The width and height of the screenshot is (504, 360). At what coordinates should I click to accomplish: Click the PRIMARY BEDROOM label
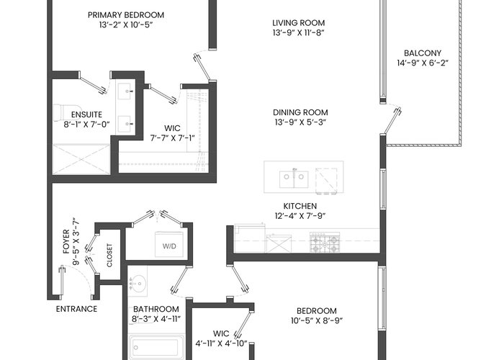126,15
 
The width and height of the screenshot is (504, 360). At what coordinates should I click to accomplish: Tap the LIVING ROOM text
299,23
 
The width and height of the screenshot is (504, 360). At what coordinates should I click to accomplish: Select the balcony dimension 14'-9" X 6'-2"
423,63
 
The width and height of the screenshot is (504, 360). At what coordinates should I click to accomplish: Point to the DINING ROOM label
300,112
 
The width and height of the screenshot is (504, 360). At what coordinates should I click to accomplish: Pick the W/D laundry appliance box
169,244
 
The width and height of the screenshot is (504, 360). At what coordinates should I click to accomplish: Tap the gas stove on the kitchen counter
325,243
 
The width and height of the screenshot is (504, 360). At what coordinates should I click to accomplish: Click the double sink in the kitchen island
294,179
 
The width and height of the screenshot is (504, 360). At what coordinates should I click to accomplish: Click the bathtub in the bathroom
157,348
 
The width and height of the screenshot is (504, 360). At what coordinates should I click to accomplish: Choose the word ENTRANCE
76,309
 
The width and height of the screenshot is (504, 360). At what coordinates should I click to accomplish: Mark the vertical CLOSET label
109,255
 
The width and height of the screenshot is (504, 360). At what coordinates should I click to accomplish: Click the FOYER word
66,241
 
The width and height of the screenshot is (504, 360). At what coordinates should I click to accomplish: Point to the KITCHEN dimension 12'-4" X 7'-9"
300,216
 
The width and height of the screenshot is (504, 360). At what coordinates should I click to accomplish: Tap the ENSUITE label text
87,114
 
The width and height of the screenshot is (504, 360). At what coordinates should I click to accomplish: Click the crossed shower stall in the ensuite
81,160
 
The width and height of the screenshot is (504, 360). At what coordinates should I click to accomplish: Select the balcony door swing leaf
392,121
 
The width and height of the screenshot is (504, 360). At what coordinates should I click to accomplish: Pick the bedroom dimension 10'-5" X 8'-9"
317,321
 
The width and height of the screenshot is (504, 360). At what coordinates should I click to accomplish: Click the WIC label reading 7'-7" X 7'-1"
172,133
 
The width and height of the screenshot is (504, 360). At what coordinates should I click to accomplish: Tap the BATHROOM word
156,309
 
